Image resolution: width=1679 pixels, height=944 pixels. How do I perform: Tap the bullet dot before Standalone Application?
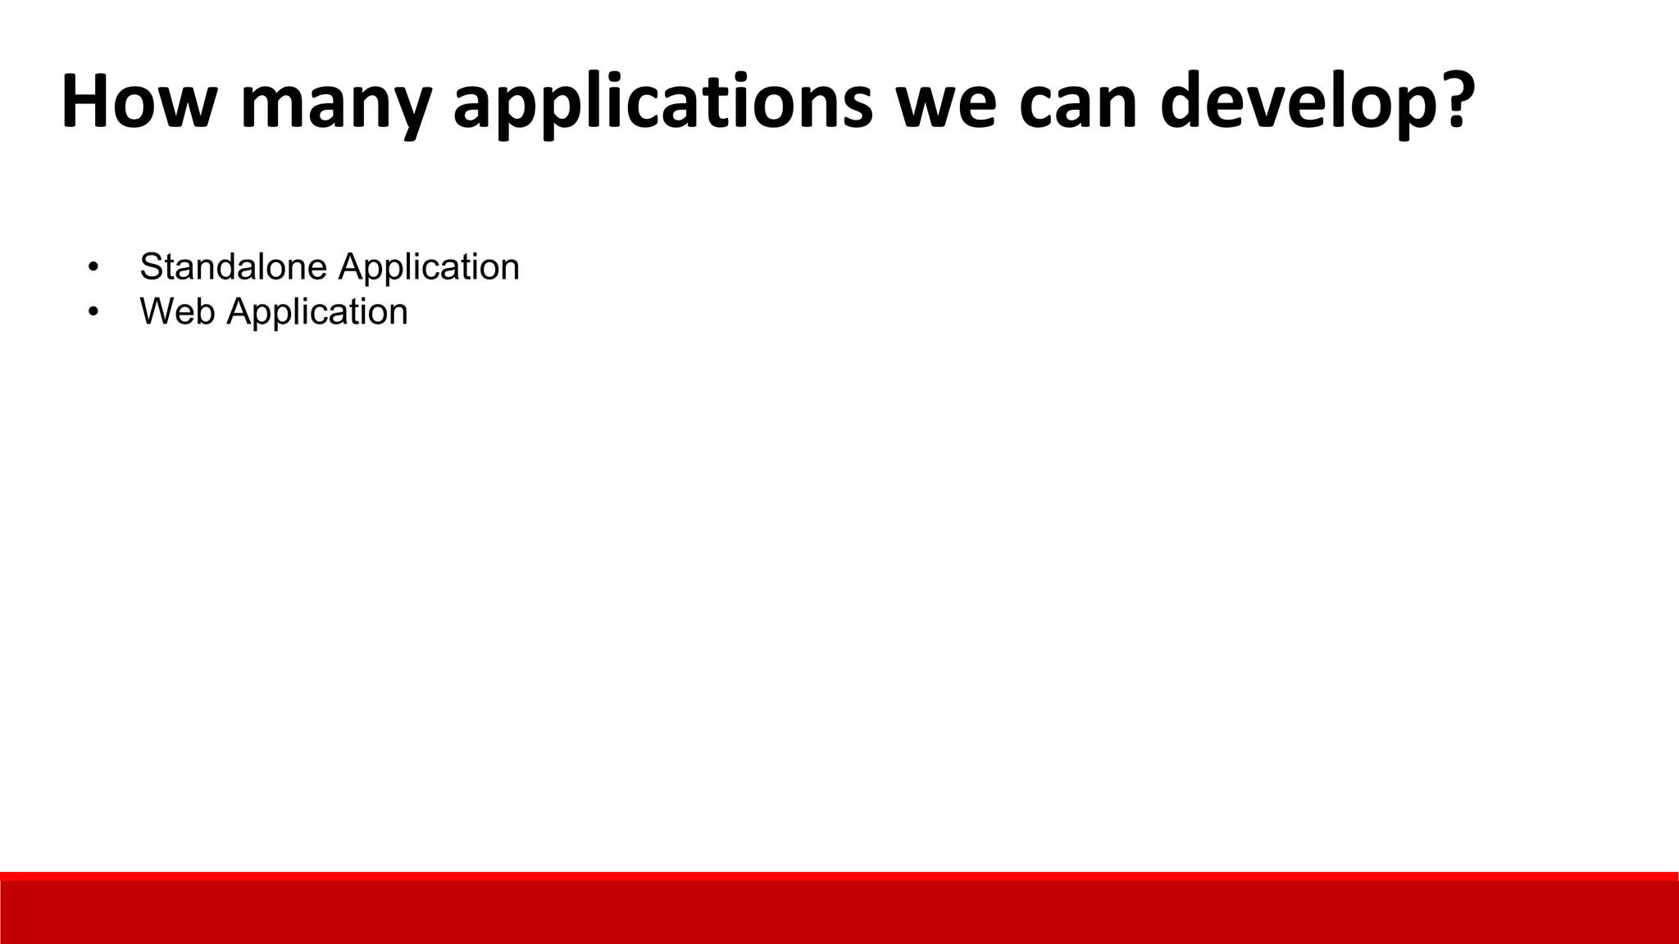[93, 267]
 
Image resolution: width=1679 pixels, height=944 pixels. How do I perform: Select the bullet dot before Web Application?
[93, 312]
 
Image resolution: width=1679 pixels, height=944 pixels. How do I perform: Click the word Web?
[178, 311]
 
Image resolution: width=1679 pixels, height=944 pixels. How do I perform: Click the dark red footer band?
[839, 913]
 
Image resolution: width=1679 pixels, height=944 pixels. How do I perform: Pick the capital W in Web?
[156, 311]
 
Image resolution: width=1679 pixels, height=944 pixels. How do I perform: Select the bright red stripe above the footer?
[839, 876]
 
